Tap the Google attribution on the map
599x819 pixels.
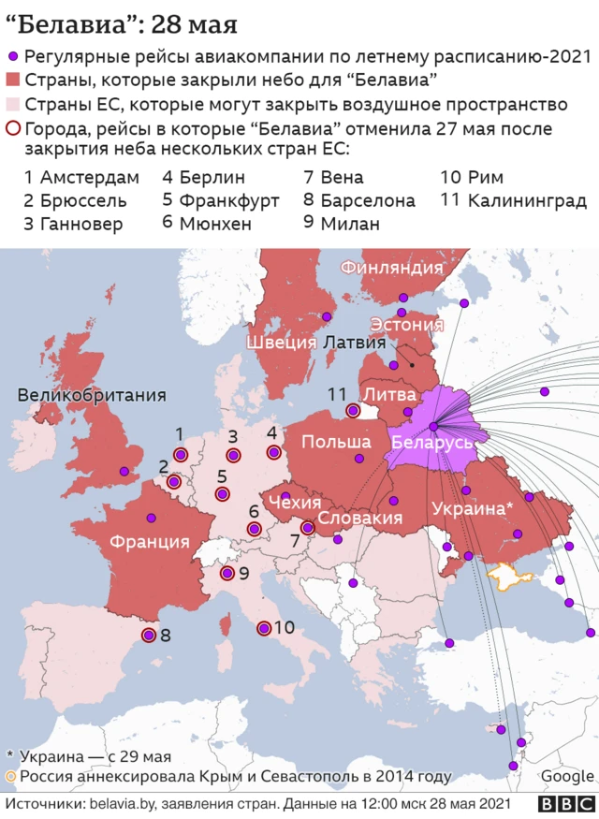pyautogui.click(x=566, y=776)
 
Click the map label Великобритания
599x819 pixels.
pyautogui.click(x=92, y=396)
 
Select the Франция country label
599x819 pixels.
pyautogui.click(x=149, y=541)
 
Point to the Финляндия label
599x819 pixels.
pyautogui.click(x=391, y=268)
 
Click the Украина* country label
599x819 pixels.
pyautogui.click(x=473, y=508)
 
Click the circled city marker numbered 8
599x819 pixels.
pyautogui.click(x=148, y=636)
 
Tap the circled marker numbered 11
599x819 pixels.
pyautogui.click(x=353, y=410)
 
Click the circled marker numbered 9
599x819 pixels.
pyautogui.click(x=226, y=574)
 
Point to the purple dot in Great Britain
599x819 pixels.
pyautogui.click(x=123, y=472)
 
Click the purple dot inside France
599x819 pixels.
pyautogui.click(x=151, y=517)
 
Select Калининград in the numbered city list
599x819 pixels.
pyautogui.click(x=526, y=200)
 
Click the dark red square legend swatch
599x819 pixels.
pyautogui.click(x=13, y=80)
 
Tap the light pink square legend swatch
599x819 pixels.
pyautogui.click(x=13, y=104)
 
